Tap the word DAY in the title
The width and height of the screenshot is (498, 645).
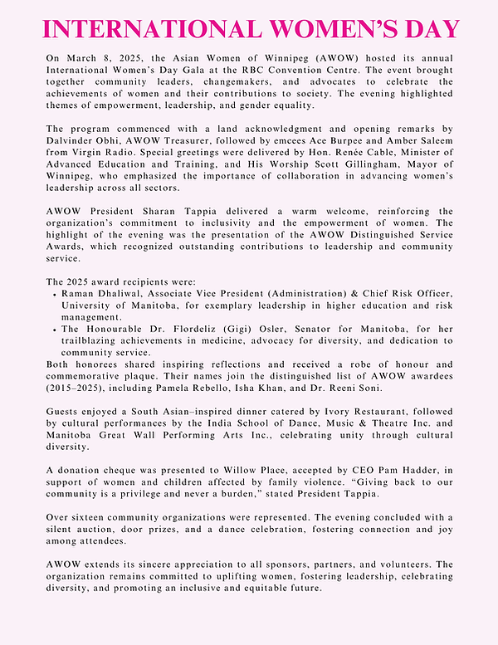[x=429, y=29]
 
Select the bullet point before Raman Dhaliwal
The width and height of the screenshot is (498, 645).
[x=54, y=294]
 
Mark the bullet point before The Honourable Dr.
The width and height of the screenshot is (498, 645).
[x=54, y=330]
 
